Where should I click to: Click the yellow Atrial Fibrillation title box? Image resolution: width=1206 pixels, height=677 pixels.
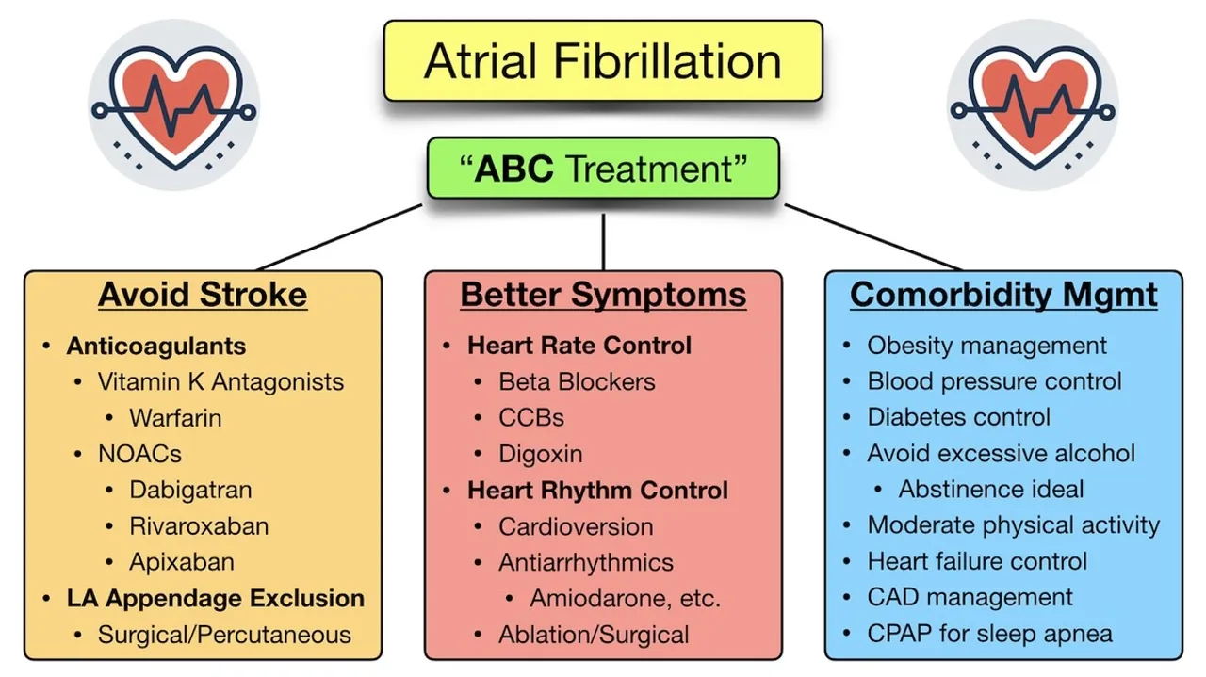603,61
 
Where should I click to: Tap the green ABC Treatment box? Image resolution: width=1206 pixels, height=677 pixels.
603,169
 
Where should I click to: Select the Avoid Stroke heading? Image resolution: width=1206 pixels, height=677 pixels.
203,295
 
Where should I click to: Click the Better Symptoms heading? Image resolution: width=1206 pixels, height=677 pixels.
603,295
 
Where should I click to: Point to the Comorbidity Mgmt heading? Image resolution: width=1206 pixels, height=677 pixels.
1003,295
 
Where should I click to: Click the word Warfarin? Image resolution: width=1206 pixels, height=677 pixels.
175,417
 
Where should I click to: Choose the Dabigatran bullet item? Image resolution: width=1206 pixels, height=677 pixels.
191,490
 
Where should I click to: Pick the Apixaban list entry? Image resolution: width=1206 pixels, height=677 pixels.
182,562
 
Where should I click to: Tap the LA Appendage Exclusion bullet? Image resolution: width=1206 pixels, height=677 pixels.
215,598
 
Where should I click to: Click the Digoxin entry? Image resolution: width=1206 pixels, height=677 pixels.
541,454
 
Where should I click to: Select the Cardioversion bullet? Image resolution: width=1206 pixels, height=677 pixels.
576,526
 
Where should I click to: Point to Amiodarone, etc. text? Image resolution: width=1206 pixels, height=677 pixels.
625,598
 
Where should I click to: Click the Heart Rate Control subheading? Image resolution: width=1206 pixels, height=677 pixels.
579,346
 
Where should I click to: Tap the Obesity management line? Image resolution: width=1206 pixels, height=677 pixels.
986,346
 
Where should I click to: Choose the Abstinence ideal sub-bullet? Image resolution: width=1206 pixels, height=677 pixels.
991,490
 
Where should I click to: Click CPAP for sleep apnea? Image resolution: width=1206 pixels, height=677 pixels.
989,634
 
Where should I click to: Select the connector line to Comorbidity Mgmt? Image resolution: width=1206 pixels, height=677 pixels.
872,236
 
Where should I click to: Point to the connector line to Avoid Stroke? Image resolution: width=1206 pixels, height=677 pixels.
339,237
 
